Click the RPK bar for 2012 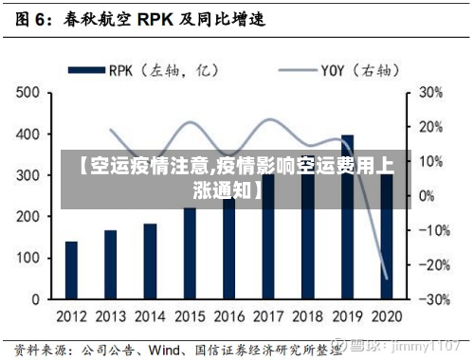coord(71,270)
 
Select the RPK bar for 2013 coord(111,264)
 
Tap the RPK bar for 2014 coord(150,261)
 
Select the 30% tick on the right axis coord(431,93)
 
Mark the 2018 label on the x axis coord(307,315)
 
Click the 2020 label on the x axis coord(386,315)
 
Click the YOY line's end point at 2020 coord(387,279)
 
